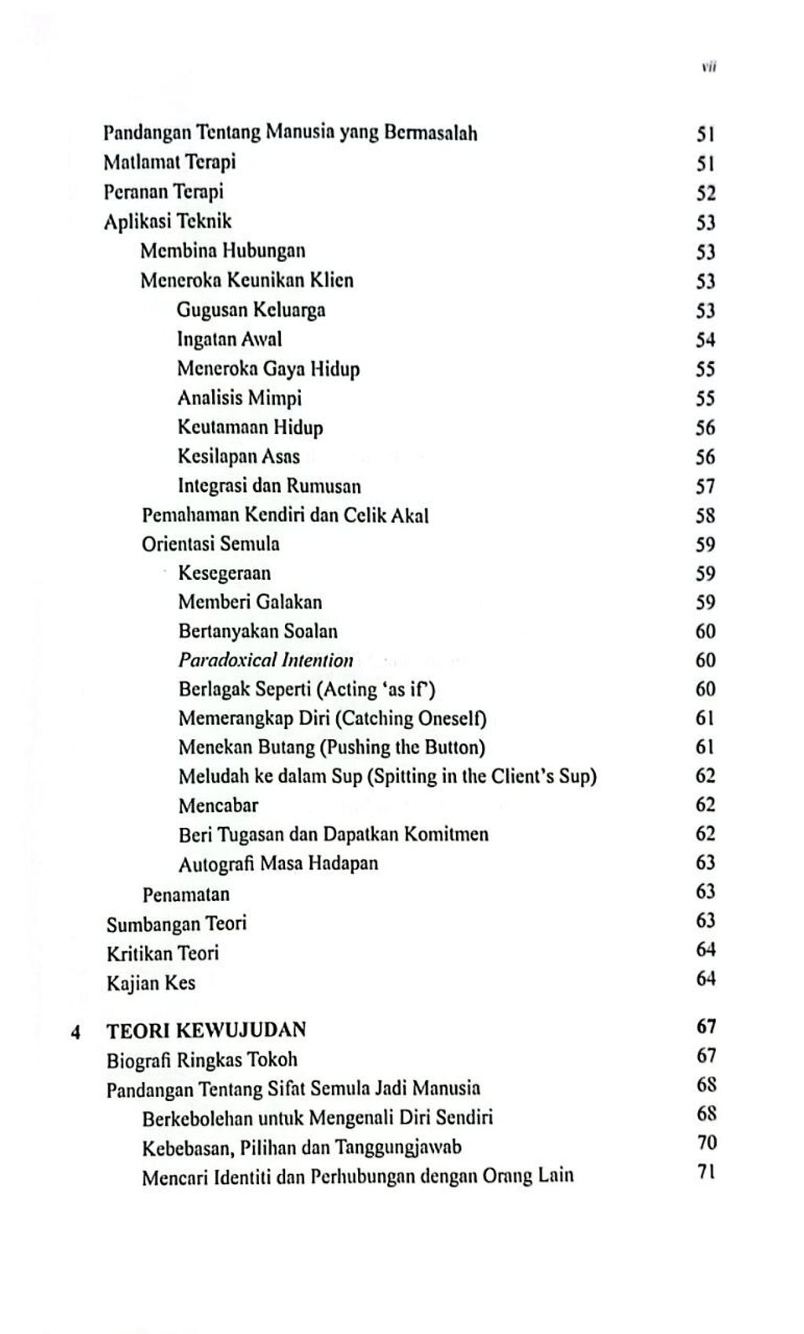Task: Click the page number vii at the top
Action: point(708,67)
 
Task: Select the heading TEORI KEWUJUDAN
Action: point(206,1030)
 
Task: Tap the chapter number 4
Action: point(75,1031)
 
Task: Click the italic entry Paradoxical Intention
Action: point(265,660)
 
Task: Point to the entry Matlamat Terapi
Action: point(170,162)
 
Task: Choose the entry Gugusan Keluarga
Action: point(250,310)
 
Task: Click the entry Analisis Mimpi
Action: point(239,398)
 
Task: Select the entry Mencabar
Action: point(217,805)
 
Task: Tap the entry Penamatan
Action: point(186,894)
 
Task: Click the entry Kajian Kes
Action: point(151,982)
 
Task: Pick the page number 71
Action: point(706,1174)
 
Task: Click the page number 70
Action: point(706,1143)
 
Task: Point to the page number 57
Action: point(705,487)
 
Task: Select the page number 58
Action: point(705,516)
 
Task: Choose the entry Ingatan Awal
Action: point(229,339)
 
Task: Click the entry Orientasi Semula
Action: point(210,544)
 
